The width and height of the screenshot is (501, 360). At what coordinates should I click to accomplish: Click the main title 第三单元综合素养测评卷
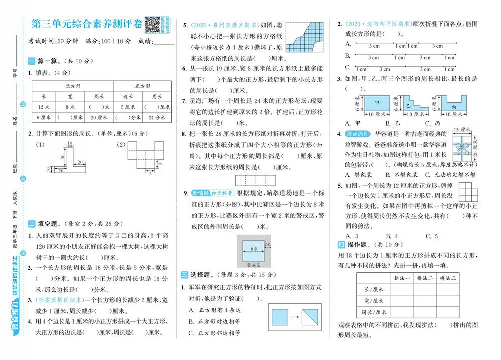tap(86, 23)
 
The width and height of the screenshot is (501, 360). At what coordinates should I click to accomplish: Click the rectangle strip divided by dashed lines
tap(253, 178)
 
